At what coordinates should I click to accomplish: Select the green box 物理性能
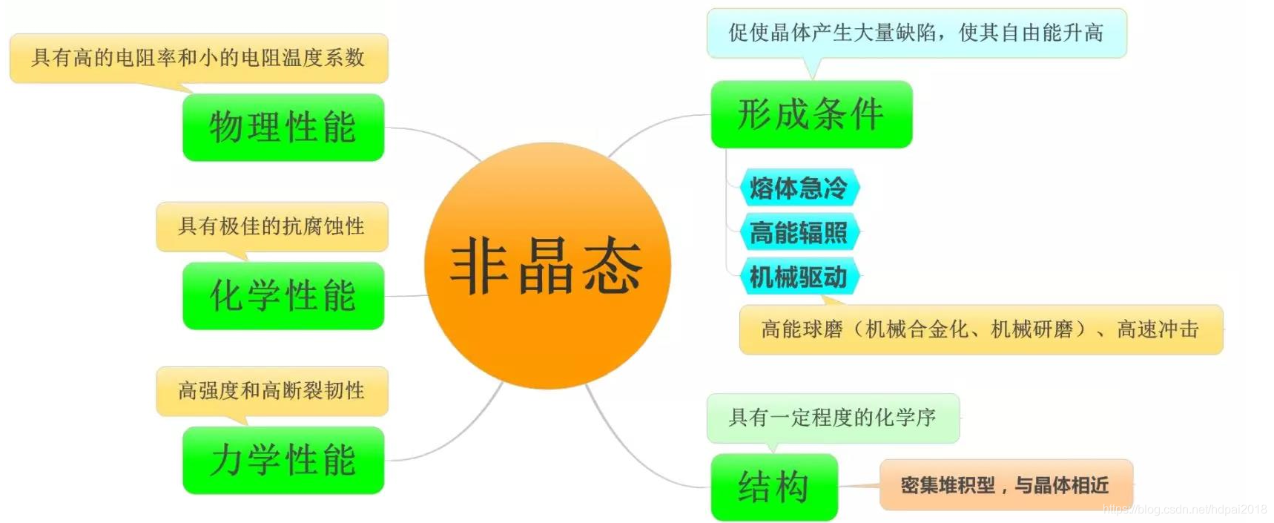[x=283, y=127]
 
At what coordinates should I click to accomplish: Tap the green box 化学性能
[x=283, y=295]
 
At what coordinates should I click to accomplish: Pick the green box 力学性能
[x=283, y=460]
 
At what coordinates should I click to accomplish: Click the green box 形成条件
[x=811, y=114]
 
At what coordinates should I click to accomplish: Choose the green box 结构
[x=773, y=487]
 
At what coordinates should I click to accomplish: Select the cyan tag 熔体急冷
[x=799, y=188]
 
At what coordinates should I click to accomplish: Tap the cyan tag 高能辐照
[x=799, y=232]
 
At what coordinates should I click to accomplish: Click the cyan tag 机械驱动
[x=799, y=277]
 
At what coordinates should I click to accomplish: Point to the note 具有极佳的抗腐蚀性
[x=271, y=226]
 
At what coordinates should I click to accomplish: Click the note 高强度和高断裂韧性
[x=271, y=390]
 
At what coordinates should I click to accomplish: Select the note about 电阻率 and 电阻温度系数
[x=198, y=57]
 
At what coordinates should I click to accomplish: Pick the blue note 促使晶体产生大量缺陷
[x=916, y=33]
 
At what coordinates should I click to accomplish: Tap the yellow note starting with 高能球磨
[x=980, y=329]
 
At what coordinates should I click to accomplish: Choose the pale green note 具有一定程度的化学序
[x=832, y=418]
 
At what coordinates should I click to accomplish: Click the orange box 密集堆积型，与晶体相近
[x=1005, y=485]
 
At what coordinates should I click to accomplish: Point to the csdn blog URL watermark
[x=1184, y=510]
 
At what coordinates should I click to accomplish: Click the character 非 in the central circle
[x=479, y=266]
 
